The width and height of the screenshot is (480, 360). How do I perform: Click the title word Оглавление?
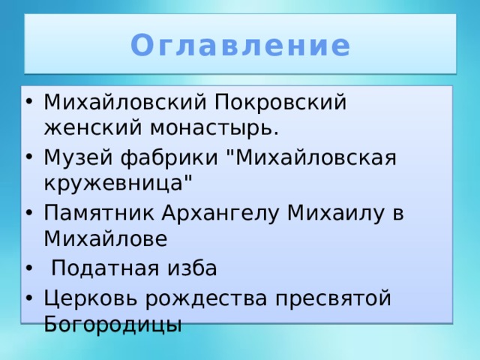[240, 46]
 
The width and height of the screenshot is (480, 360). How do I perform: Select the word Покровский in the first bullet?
[281, 101]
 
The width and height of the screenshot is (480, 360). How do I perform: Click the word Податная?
[104, 268]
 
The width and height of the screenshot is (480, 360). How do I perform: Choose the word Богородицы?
[112, 324]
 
